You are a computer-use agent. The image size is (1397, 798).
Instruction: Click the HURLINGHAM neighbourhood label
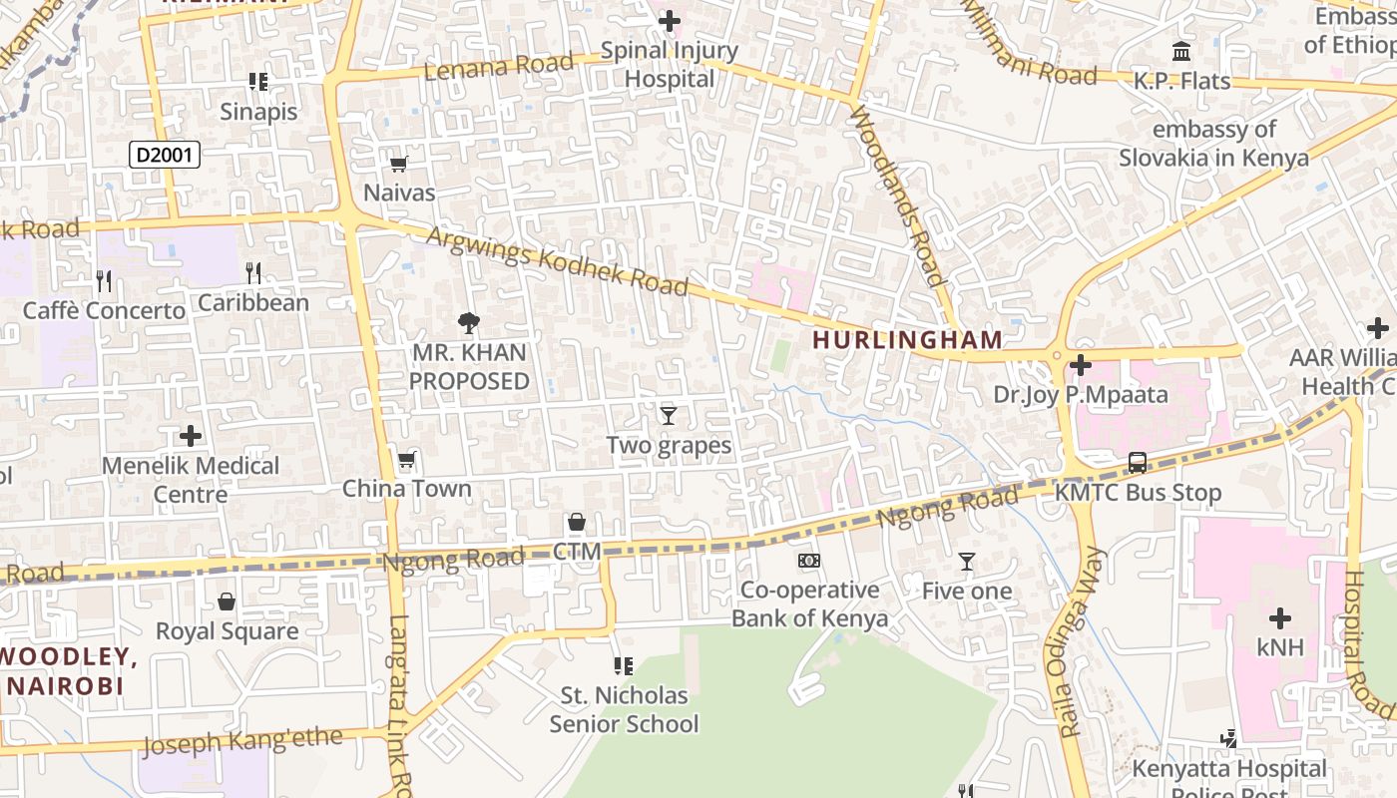[907, 340]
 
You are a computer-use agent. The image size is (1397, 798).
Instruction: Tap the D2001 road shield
[166, 155]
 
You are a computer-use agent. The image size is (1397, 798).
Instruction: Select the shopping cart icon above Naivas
[398, 164]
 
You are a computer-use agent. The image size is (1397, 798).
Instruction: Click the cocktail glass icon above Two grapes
[669, 415]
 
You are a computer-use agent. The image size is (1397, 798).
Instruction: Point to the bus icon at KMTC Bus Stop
[1138, 463]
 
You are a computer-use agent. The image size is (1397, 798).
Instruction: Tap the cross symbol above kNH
[1279, 618]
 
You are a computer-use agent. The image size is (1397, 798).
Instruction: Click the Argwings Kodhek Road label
[557, 262]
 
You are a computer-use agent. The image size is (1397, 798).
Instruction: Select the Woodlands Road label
[896, 196]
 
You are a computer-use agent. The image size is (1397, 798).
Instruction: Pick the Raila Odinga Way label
[1081, 641]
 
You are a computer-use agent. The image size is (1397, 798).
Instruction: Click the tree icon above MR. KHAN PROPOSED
[468, 322]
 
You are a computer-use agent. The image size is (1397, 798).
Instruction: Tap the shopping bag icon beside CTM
[577, 522]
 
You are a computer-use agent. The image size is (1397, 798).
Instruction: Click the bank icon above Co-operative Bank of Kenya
[809, 561]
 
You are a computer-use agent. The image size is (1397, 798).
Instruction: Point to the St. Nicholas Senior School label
[624, 709]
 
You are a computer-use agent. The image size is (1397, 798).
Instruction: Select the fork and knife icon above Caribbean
[253, 272]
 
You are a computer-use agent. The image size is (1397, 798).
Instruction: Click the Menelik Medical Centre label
[191, 480]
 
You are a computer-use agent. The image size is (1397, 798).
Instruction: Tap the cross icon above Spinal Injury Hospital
[670, 20]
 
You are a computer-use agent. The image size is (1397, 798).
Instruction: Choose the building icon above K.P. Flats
[1181, 51]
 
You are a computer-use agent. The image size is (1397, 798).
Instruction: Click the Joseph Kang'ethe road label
[242, 742]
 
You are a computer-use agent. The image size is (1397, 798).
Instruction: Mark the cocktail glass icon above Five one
[966, 562]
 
